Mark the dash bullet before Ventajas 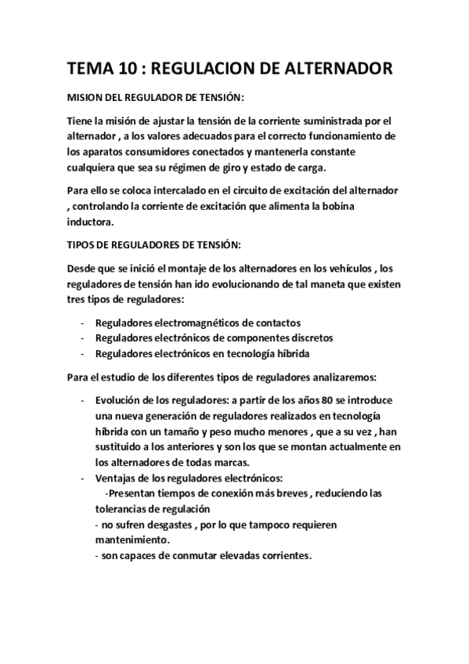[83, 478]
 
